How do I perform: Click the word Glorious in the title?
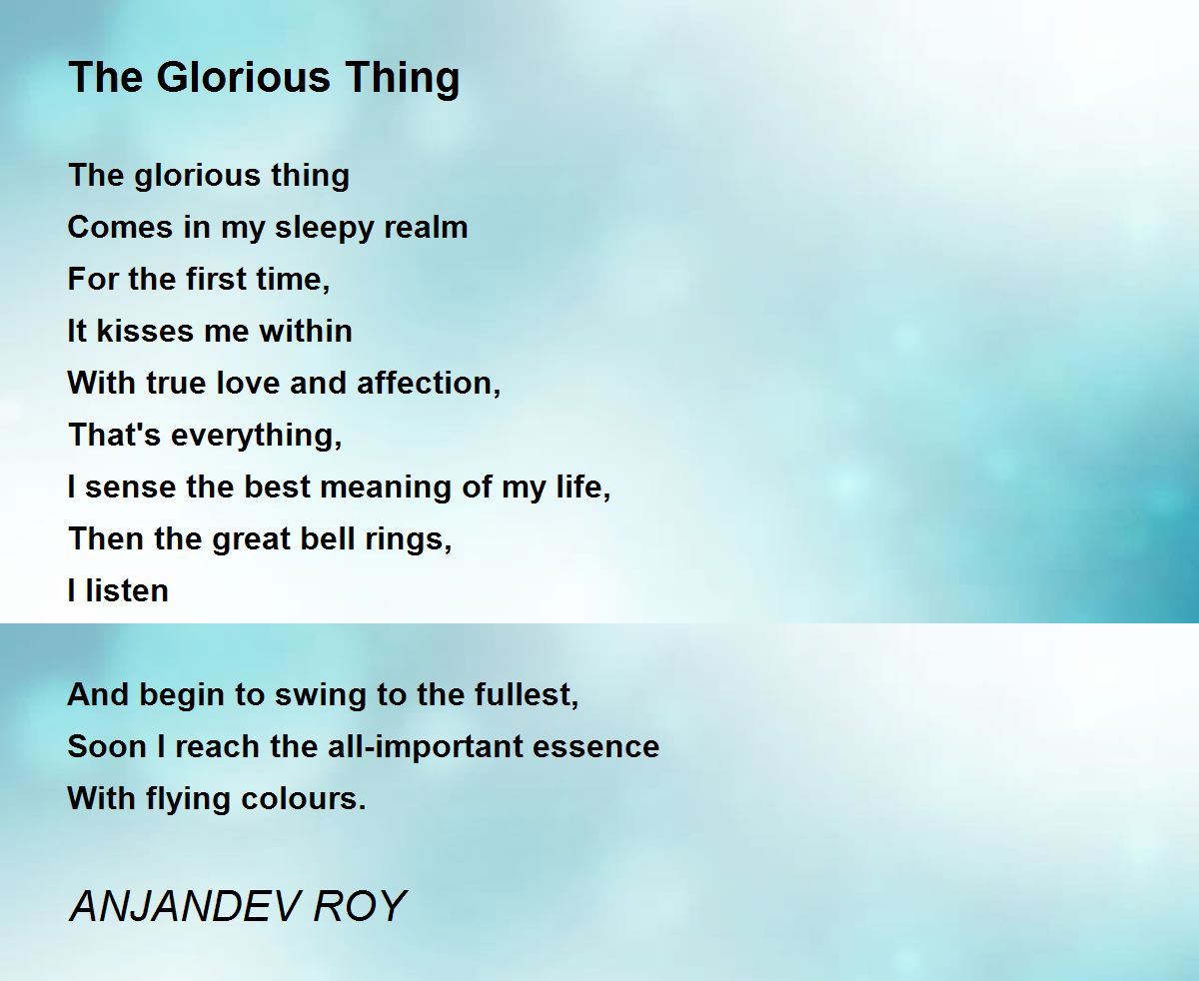coord(243,77)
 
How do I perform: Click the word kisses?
coord(145,331)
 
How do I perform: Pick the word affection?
coord(428,383)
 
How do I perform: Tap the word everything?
coord(257,436)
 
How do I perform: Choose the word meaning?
coord(389,488)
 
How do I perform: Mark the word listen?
coord(127,590)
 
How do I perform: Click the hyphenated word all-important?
coord(425,747)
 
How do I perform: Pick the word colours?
coord(304,799)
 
